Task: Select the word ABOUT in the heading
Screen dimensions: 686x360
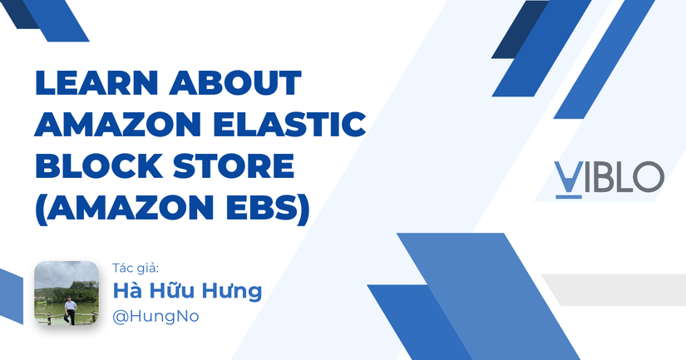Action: click(235, 82)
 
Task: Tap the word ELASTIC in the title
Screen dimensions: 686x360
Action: click(289, 124)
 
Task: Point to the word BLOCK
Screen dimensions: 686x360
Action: click(99, 165)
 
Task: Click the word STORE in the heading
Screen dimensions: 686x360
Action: click(233, 165)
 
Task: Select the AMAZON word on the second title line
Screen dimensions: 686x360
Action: click(118, 124)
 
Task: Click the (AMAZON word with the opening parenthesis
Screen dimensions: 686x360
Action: click(124, 207)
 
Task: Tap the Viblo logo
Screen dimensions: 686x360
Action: click(609, 179)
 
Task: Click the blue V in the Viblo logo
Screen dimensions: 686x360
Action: click(568, 178)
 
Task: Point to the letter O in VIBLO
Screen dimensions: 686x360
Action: click(649, 177)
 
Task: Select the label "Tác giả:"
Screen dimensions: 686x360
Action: click(136, 269)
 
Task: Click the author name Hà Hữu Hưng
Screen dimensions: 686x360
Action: click(187, 291)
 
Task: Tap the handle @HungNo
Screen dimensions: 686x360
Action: click(155, 316)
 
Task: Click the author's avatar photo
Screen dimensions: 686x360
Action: click(67, 293)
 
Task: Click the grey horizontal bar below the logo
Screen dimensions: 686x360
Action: click(614, 289)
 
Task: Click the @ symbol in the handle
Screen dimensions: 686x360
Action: click(120, 317)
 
